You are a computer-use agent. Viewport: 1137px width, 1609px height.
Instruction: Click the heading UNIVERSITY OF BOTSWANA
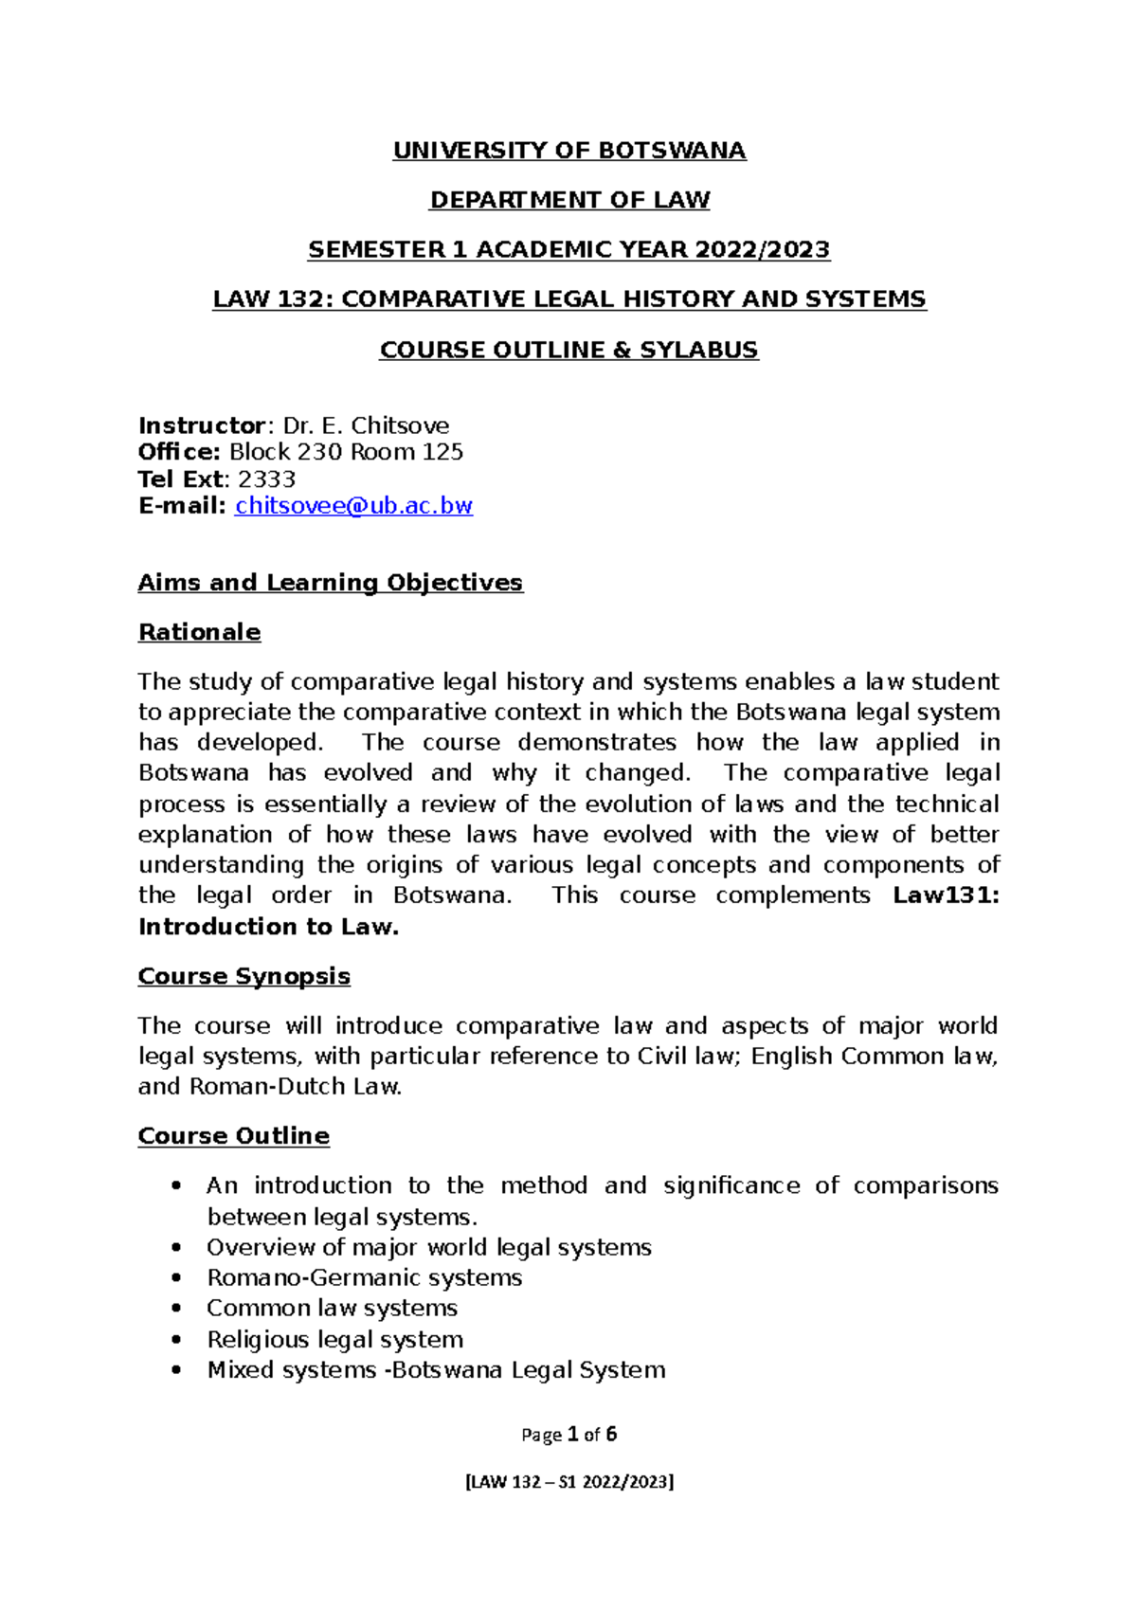point(569,151)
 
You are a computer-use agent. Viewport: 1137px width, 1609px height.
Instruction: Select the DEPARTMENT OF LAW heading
point(569,200)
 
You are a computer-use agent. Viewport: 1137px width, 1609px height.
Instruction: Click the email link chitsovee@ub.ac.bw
point(353,506)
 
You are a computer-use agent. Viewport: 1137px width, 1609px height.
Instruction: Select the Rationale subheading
point(199,632)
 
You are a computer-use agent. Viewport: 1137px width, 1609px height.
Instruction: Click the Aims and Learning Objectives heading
point(330,583)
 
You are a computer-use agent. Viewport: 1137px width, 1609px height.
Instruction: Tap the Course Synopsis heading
point(244,976)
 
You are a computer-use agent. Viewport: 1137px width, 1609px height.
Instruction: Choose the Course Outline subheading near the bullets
point(233,1136)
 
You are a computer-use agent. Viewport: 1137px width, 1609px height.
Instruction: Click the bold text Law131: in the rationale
point(946,895)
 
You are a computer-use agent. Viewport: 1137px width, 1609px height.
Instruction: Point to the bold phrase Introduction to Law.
point(268,927)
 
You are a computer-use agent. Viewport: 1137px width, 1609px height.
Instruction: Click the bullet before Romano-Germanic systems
point(176,1278)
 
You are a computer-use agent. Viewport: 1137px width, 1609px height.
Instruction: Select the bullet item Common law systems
point(332,1309)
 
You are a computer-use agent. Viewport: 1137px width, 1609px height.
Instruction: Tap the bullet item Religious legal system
point(334,1340)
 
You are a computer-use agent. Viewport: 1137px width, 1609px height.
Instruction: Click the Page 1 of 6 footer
point(568,1435)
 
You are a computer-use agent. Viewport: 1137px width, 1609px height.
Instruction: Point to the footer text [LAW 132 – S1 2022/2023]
point(568,1482)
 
